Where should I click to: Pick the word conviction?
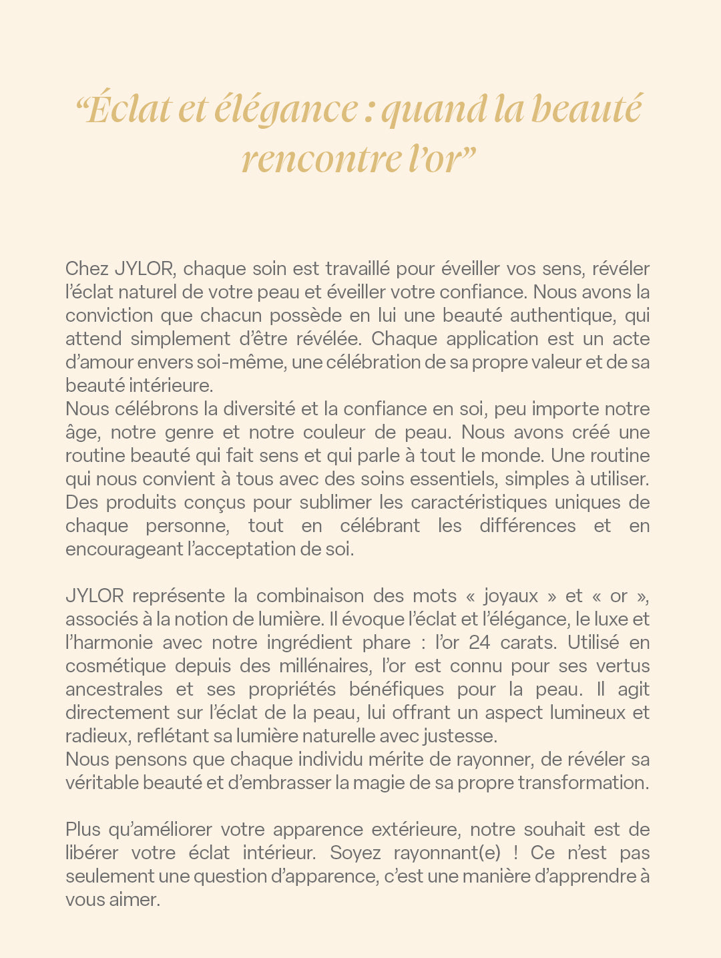pyautogui.click(x=107, y=316)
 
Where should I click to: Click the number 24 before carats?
pyautogui.click(x=480, y=643)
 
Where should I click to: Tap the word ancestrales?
pyautogui.click(x=113, y=690)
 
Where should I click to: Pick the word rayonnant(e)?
pyautogui.click(x=447, y=853)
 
